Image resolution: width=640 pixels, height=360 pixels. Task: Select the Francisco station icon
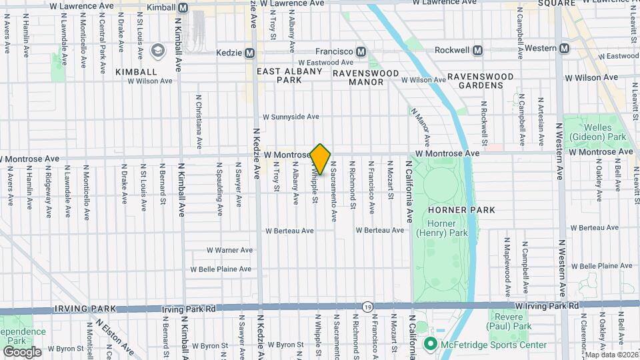click(x=361, y=51)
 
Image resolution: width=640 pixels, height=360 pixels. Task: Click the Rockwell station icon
click(x=477, y=49)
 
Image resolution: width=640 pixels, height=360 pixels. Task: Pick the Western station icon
click(x=565, y=48)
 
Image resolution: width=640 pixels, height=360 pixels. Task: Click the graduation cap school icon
click(x=157, y=50)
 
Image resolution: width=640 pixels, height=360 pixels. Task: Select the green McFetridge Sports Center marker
click(x=431, y=344)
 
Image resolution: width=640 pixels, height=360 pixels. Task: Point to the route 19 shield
click(x=368, y=307)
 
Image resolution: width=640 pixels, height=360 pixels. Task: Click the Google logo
click(x=22, y=351)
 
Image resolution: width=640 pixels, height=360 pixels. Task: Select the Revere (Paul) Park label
click(x=511, y=321)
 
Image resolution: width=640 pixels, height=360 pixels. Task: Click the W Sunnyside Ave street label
click(x=291, y=117)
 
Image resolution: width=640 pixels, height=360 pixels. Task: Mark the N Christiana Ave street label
click(x=199, y=120)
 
